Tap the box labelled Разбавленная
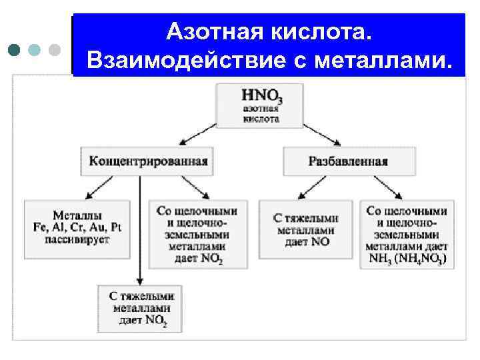pyautogui.click(x=349, y=161)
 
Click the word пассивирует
pyautogui.click(x=77, y=239)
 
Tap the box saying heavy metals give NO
pyautogui.click(x=306, y=229)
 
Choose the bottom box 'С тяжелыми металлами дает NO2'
pyautogui.click(x=140, y=308)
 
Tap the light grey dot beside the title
pyautogui.click(x=55, y=49)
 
